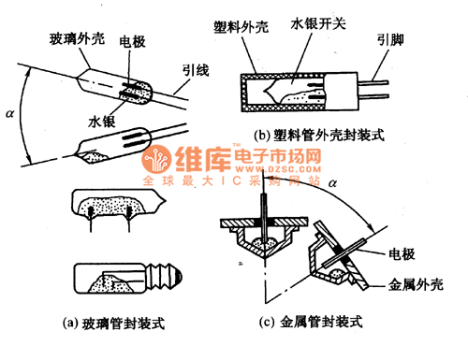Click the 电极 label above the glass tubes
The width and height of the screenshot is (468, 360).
132,44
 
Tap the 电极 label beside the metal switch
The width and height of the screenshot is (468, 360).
402,253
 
